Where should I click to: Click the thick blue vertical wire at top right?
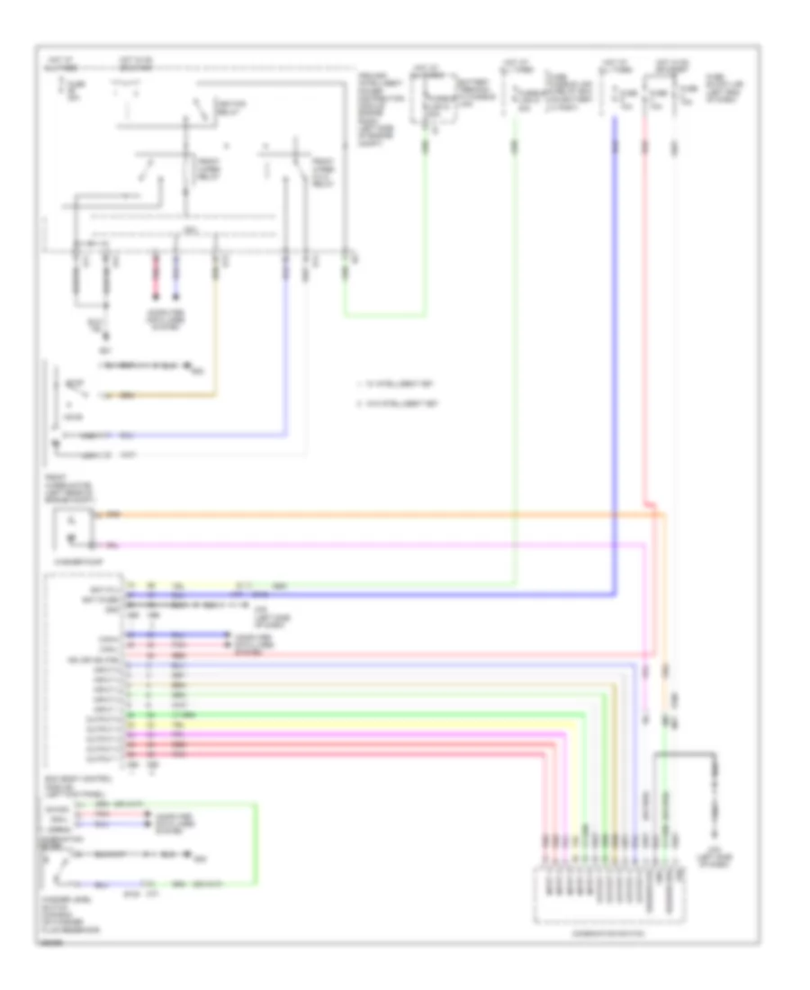click(616, 360)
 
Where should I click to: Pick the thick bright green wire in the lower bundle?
click(360, 714)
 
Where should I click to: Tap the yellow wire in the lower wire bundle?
click(360, 722)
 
